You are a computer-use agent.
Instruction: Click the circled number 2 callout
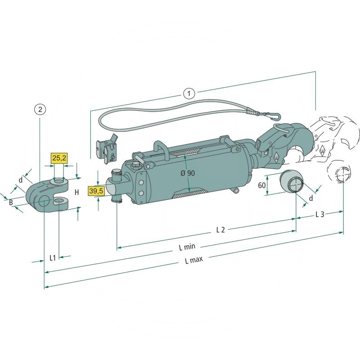(x=40, y=109)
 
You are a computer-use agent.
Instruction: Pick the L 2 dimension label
(x=220, y=230)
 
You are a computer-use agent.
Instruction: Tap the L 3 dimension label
(x=319, y=215)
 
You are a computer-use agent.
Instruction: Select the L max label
(x=194, y=261)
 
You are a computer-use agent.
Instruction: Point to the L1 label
(x=52, y=258)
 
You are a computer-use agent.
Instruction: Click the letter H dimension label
(x=76, y=193)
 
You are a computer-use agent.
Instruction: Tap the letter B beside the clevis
(x=11, y=202)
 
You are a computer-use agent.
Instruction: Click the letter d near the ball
(x=310, y=198)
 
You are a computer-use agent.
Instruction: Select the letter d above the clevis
(x=20, y=180)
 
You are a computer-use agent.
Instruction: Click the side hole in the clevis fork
(x=44, y=202)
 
